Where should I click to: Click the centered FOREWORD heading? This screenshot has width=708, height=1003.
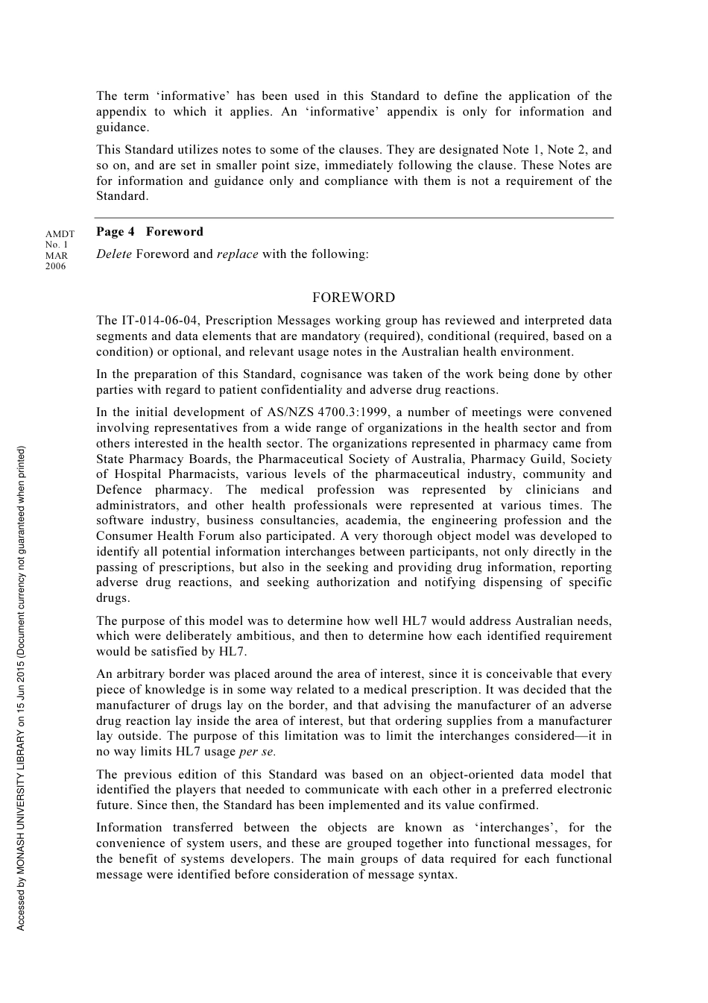pos(353,298)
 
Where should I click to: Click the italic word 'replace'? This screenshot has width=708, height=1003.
pos(237,254)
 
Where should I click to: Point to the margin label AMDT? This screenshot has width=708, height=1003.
pos(60,234)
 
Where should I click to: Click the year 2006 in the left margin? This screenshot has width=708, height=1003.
pos(55,266)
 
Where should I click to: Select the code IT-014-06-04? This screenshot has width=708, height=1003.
pos(160,321)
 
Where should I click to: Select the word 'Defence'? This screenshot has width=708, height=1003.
pos(118,490)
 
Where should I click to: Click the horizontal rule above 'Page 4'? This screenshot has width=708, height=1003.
pos(354,218)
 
